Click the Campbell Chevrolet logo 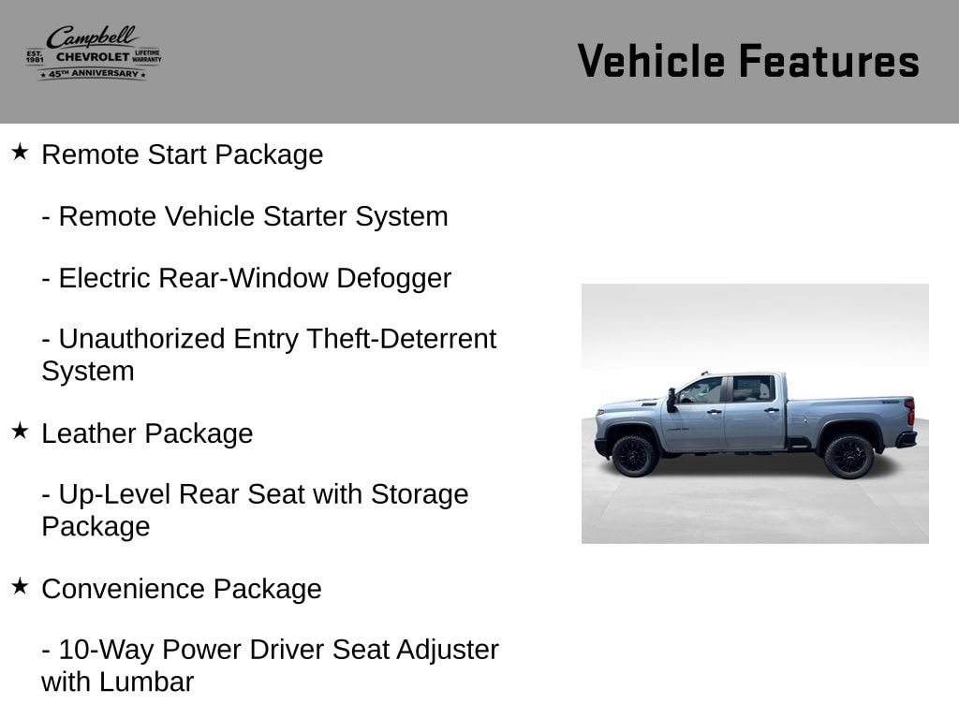[94, 53]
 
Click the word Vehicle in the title [651, 61]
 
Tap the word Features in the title [829, 61]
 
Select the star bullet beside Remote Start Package [20, 153]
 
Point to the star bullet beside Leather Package [20, 431]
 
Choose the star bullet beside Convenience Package [20, 586]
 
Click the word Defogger [393, 279]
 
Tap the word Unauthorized [142, 339]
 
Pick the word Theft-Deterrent [401, 339]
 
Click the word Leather [89, 433]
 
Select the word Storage [419, 495]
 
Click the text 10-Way [106, 651]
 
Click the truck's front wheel [634, 456]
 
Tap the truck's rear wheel [848, 456]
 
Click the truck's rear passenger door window [754, 389]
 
